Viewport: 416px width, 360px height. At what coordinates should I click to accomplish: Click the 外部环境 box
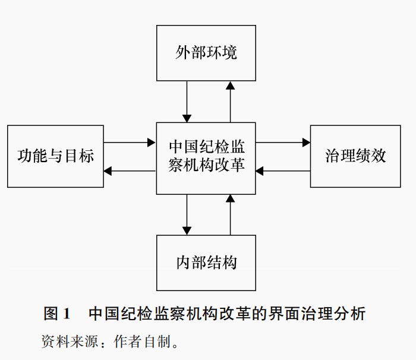click(x=206, y=53)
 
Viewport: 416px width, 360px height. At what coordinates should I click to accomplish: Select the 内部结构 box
click(x=206, y=262)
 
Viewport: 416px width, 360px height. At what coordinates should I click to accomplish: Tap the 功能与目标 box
click(x=55, y=156)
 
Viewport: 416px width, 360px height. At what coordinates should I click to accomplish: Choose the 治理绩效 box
click(x=355, y=156)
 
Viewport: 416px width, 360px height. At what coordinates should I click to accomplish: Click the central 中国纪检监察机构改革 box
click(x=206, y=158)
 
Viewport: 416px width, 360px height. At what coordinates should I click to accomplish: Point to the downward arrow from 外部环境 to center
click(x=187, y=102)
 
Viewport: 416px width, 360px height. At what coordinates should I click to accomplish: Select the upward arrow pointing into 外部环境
click(x=231, y=102)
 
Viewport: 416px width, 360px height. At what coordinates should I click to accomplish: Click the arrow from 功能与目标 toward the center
click(x=130, y=143)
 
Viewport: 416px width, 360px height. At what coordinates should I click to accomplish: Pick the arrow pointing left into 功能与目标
click(x=130, y=171)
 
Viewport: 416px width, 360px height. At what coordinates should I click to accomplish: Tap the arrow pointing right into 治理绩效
click(x=283, y=143)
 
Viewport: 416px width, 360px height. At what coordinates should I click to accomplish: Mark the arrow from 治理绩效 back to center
click(x=283, y=171)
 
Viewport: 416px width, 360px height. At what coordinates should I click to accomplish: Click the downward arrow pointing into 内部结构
click(x=187, y=214)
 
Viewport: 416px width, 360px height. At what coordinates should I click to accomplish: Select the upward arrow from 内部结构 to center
click(x=231, y=214)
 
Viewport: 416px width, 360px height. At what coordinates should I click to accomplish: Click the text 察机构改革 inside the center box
click(x=206, y=166)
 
